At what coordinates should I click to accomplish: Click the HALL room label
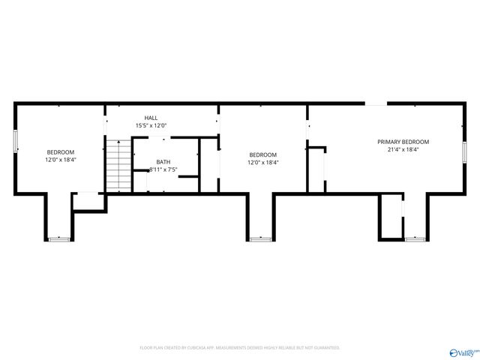pos(151,118)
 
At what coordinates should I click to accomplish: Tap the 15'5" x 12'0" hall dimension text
pos(151,126)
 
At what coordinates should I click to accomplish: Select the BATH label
pos(163,162)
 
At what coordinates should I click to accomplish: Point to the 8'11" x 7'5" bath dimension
pos(163,170)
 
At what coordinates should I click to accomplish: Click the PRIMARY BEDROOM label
pos(403,142)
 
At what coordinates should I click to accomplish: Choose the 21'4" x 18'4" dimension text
pos(403,149)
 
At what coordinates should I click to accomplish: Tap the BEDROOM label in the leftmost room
pos(60,151)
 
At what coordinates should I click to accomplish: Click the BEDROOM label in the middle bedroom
pos(262,154)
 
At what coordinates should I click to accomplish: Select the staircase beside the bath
pos(118,165)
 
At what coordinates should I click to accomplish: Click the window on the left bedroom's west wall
pos(16,142)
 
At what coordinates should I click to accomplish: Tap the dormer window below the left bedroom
pos(59,239)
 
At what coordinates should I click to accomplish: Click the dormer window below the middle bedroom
pos(260,239)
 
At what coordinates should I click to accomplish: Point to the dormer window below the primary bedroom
pos(415,239)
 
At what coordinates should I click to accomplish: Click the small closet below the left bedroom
pos(88,202)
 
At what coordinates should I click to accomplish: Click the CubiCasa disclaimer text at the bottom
pos(240,348)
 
